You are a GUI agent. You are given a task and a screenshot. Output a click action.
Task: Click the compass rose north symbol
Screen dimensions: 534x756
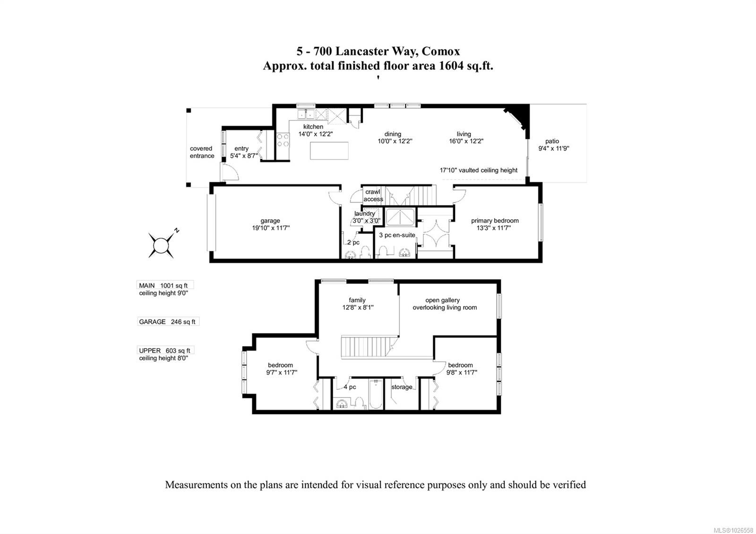[x=161, y=245]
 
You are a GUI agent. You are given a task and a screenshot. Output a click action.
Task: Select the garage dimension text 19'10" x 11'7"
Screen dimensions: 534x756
[x=271, y=228]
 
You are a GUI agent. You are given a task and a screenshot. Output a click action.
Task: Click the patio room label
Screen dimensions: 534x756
[x=552, y=141]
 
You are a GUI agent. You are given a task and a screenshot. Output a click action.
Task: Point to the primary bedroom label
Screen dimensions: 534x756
[x=495, y=221]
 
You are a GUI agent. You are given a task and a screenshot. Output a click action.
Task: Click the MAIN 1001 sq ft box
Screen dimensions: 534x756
[x=165, y=285]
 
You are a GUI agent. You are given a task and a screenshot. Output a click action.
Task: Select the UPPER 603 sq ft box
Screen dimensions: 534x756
[x=165, y=351]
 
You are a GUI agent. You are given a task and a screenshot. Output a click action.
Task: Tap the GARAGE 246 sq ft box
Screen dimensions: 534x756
[x=168, y=322]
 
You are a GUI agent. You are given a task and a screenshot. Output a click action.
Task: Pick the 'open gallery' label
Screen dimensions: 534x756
[x=442, y=300]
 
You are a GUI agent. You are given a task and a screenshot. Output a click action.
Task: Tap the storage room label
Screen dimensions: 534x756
[x=402, y=387]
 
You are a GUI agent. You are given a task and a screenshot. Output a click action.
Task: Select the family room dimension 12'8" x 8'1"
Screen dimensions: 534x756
[x=358, y=307]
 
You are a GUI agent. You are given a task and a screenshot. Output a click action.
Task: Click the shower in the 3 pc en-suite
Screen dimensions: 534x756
[x=400, y=218]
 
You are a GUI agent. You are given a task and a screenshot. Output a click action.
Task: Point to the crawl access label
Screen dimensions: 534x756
[x=373, y=196]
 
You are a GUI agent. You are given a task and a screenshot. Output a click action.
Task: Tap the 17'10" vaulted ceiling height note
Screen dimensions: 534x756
[x=479, y=170]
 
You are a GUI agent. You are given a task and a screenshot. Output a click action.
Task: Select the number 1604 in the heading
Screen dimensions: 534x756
[x=453, y=66]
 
